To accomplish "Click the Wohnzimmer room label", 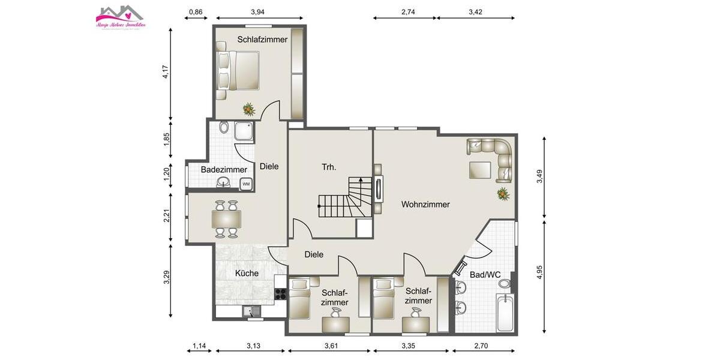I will [x=425, y=205].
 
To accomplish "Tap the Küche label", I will [x=247, y=273].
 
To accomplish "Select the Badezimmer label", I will [x=224, y=170].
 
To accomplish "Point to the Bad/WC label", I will [x=485, y=275].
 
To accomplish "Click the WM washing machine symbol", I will [x=246, y=184].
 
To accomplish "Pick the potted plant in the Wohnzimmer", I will [x=502, y=193].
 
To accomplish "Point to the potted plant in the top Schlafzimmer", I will [x=248, y=109].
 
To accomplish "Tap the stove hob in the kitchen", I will [x=280, y=293].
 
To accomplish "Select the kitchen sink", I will [x=252, y=311].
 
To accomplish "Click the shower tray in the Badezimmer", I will [x=244, y=131].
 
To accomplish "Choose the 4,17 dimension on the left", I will [x=165, y=71].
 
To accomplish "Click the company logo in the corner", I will [x=121, y=17].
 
